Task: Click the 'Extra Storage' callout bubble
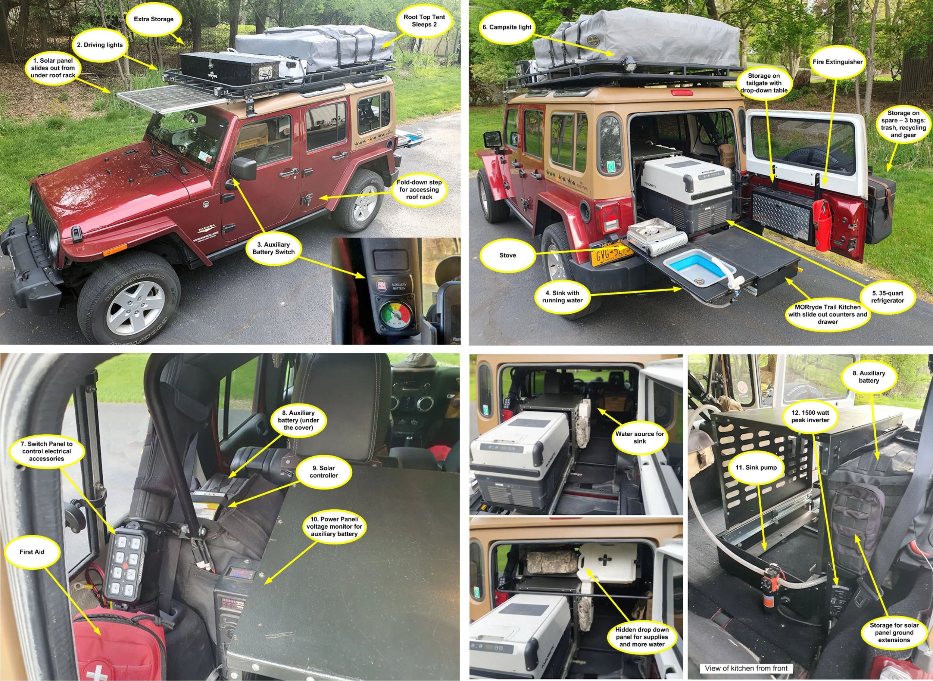pyautogui.click(x=153, y=19)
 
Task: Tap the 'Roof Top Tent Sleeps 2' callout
pyautogui.click(x=424, y=21)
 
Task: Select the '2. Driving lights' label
pyautogui.click(x=100, y=45)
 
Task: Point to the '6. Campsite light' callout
pyautogui.click(x=507, y=27)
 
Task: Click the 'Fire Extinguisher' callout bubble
pyautogui.click(x=837, y=62)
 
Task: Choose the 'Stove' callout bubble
pyautogui.click(x=507, y=255)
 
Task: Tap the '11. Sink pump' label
pyautogui.click(x=756, y=467)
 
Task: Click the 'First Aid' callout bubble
pyautogui.click(x=32, y=552)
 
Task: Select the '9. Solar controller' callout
pyautogui.click(x=324, y=472)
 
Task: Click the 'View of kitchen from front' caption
pyautogui.click(x=746, y=668)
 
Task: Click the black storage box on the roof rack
pyautogui.click(x=230, y=72)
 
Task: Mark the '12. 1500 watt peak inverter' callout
pyautogui.click(x=810, y=416)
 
